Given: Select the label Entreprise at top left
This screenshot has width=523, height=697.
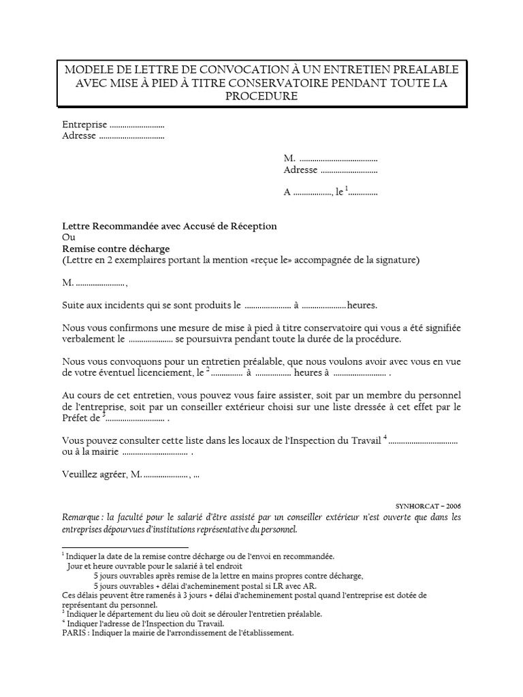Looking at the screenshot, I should click(x=84, y=125).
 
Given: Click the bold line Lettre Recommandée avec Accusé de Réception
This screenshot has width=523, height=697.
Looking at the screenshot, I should click(x=170, y=226).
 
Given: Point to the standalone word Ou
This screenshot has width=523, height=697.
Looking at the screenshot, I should click(x=68, y=238).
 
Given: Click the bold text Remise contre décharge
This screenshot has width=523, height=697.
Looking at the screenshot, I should click(x=116, y=248).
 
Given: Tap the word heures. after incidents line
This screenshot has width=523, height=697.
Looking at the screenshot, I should click(x=362, y=306).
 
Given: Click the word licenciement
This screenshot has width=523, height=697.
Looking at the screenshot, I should click(x=163, y=373).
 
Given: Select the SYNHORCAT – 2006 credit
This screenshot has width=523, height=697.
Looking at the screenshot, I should click(x=428, y=507).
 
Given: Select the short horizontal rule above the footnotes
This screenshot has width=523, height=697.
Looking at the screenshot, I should click(x=125, y=547).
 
